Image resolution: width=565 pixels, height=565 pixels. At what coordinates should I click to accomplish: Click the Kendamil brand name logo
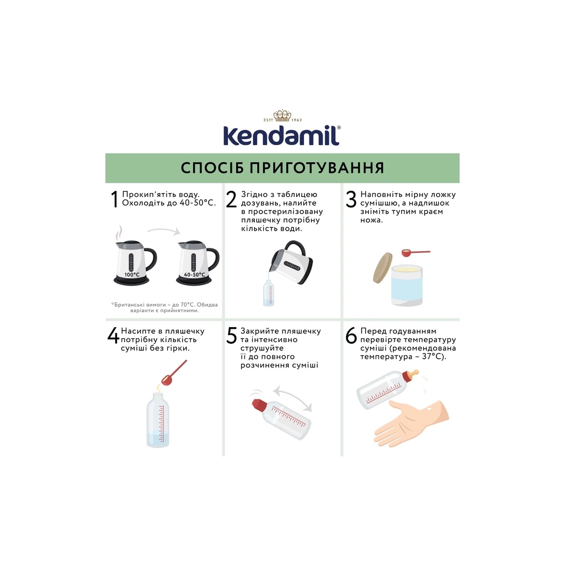click(281, 135)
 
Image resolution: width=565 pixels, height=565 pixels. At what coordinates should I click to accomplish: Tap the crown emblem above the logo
click(282, 116)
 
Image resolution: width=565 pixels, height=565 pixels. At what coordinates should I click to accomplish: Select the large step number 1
click(114, 200)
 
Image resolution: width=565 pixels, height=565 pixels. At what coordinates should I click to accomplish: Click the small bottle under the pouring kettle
click(268, 292)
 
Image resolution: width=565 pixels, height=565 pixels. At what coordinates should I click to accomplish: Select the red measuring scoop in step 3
click(411, 253)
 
